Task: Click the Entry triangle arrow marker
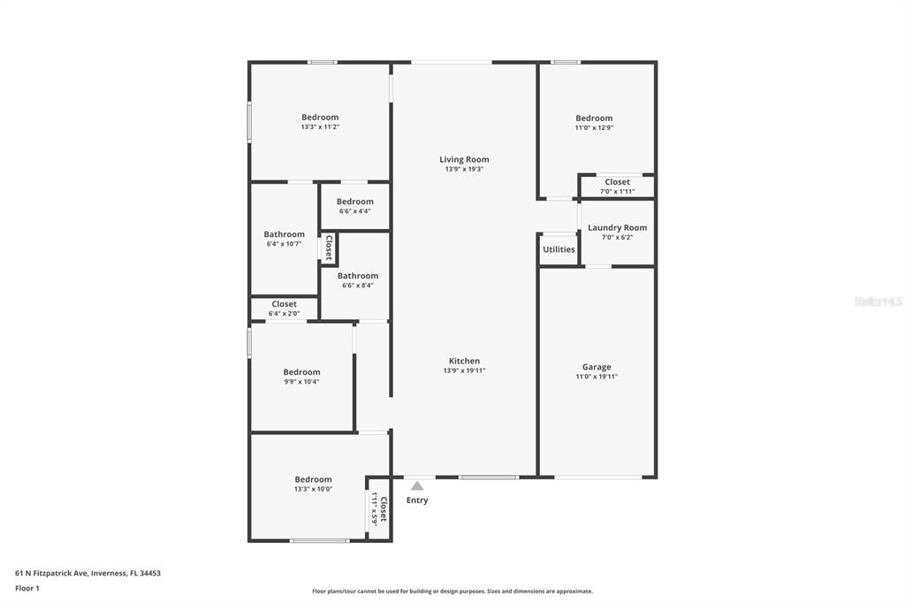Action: (417, 485)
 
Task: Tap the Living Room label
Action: (464, 159)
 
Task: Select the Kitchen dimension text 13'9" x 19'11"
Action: (464, 370)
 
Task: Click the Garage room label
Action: (597, 367)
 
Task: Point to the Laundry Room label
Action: (617, 227)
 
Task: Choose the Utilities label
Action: (559, 249)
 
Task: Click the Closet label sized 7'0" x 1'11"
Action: (617, 182)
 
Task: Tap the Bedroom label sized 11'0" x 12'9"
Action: (594, 118)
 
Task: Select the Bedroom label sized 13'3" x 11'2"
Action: (320, 118)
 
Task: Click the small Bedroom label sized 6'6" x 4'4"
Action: (355, 202)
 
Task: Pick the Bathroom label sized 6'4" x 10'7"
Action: (284, 234)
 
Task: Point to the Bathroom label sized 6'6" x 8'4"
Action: (358, 276)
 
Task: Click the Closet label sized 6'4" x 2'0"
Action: (284, 304)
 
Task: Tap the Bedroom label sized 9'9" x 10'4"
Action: (301, 372)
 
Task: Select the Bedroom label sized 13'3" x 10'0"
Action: (313, 479)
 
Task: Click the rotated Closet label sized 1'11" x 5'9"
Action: (384, 509)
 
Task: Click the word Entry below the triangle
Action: (417, 500)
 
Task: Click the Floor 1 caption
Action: (27, 589)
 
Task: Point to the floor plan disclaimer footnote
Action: (452, 592)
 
